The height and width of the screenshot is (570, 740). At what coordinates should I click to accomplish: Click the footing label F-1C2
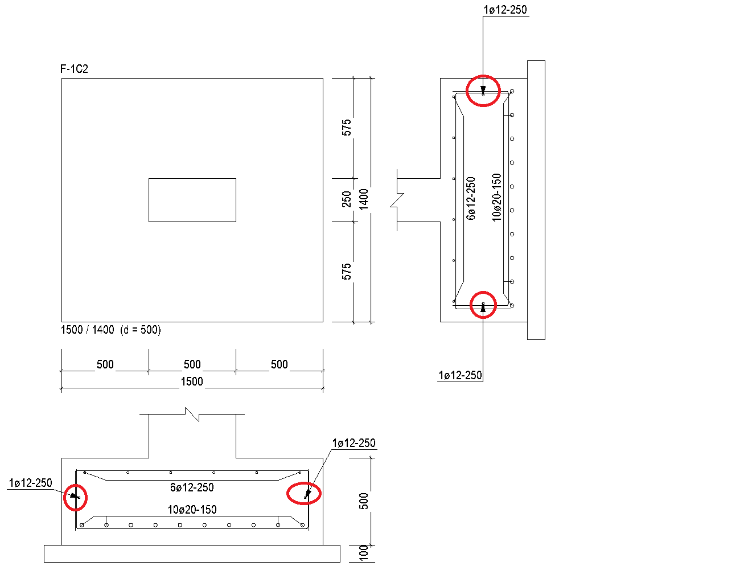point(74,69)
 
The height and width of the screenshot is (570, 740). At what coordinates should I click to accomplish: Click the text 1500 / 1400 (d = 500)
point(110,330)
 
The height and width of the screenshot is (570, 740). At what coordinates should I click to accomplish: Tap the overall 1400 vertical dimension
point(364,199)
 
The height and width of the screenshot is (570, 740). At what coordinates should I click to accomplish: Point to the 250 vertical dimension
point(346,199)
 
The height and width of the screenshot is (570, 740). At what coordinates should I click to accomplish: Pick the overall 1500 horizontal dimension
point(192,382)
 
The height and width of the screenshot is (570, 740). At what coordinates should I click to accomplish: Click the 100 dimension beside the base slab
point(364,553)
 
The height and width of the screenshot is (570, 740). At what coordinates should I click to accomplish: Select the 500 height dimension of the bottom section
point(364,501)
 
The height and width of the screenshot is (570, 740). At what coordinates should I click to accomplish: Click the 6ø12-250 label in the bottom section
point(192,487)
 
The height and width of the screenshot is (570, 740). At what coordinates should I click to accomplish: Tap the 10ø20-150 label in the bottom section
point(192,510)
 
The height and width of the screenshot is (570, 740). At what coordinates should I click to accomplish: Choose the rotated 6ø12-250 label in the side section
point(471,199)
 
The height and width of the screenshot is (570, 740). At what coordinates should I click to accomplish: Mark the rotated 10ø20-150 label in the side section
point(496,198)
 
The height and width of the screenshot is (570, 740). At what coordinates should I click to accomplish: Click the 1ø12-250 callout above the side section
point(505,10)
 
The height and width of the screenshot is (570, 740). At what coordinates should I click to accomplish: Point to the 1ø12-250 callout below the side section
point(460,375)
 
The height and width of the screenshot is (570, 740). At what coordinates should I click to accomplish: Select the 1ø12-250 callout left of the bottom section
point(30,483)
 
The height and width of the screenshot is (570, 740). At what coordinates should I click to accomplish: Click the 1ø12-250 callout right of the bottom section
point(354,443)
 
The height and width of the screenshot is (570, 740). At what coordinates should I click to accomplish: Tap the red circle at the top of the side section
point(483,76)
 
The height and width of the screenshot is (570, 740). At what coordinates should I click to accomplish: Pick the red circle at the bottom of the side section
point(483,292)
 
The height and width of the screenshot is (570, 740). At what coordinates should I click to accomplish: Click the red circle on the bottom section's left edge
point(64,498)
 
